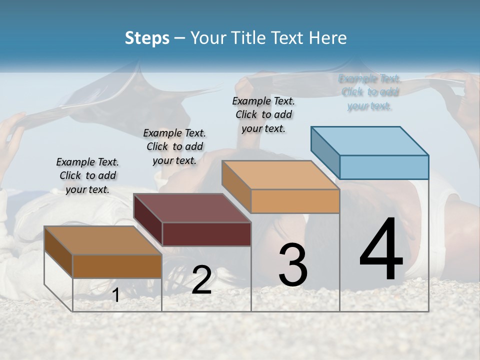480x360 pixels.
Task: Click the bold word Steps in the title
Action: pyautogui.click(x=147, y=38)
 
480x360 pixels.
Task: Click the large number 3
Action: pyautogui.click(x=293, y=265)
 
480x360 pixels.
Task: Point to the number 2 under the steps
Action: pyautogui.click(x=201, y=280)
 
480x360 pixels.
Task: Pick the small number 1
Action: pyautogui.click(x=116, y=295)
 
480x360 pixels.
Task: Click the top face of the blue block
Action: pyautogui.click(x=370, y=140)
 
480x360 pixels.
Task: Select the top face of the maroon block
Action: pyautogui.click(x=192, y=207)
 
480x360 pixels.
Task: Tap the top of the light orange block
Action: pyautogui.click(x=281, y=174)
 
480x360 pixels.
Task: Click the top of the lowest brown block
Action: pyautogui.click(x=103, y=240)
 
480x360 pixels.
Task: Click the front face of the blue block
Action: pyautogui.click(x=384, y=167)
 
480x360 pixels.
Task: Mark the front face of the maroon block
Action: pyautogui.click(x=206, y=234)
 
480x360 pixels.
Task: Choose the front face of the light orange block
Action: pyautogui.click(x=295, y=201)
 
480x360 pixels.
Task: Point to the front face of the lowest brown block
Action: pyautogui.click(x=117, y=266)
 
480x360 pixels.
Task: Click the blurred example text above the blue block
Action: pyautogui.click(x=369, y=92)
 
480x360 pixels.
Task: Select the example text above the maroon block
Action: pyautogui.click(x=174, y=146)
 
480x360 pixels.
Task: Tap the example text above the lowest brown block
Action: pyautogui.click(x=87, y=175)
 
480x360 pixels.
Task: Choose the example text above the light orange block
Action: pyautogui.click(x=263, y=114)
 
